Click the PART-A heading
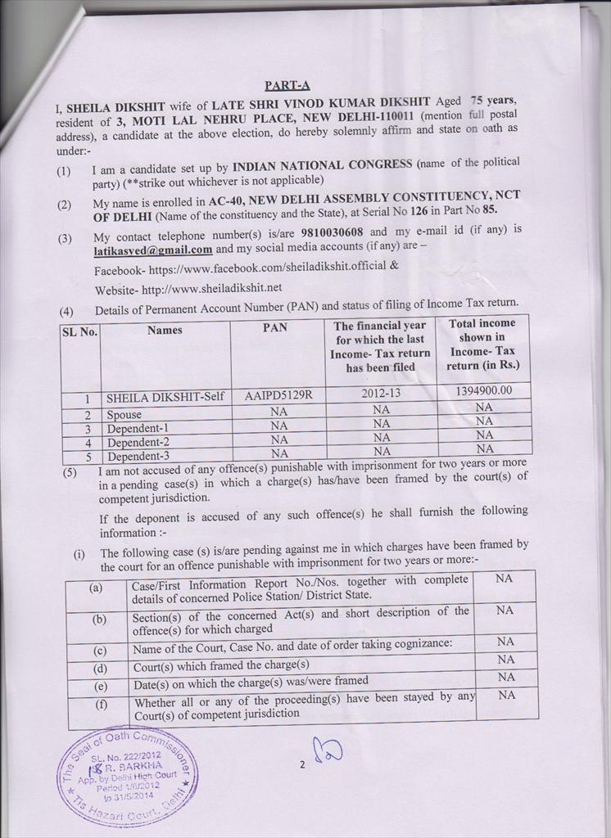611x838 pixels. coord(287,84)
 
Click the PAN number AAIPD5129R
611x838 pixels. coord(278,395)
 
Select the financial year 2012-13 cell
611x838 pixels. coord(381,394)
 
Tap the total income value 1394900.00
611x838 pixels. coord(483,391)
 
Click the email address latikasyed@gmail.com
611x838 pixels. coord(153,249)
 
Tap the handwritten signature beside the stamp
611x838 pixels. coord(328,752)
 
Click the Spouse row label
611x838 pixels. coord(124,415)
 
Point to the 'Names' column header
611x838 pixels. coord(165,331)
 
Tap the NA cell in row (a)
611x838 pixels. coord(505,579)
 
